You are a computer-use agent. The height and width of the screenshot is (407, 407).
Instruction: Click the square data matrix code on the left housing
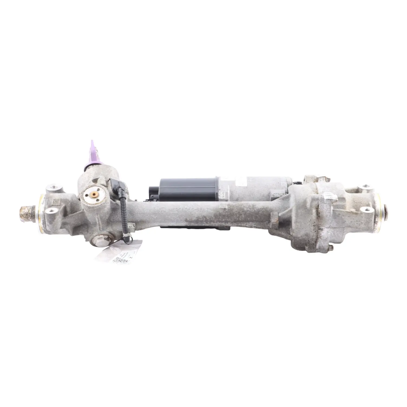(x=56, y=202)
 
